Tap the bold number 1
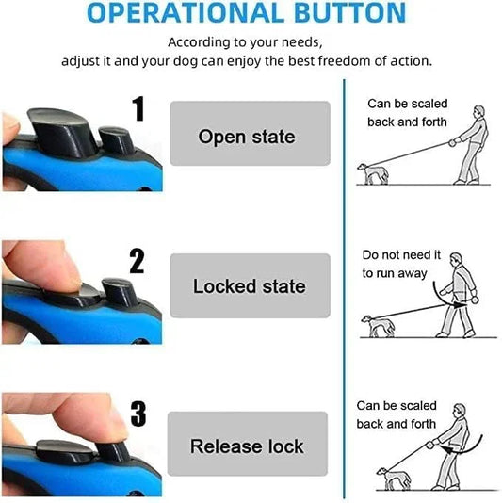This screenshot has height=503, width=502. [x=138, y=109]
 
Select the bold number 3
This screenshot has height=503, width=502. [x=138, y=414]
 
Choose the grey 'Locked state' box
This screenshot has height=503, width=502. [x=249, y=285]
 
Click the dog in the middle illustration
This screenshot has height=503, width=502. [x=377, y=326]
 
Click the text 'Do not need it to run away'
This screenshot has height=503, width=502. [x=401, y=264]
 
